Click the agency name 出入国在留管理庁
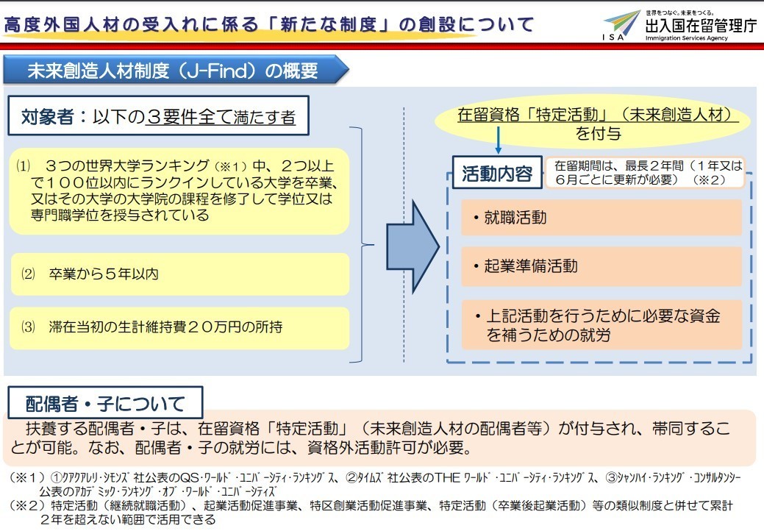(x=701, y=26)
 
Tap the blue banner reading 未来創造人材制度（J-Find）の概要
(x=176, y=71)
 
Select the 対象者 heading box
(x=158, y=116)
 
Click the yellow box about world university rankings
(x=179, y=191)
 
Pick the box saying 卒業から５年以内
(x=180, y=274)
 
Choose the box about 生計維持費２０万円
(x=180, y=327)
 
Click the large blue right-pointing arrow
(x=413, y=246)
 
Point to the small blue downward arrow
(x=498, y=140)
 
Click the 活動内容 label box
(x=497, y=172)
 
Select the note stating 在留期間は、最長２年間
(x=645, y=172)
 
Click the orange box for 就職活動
(x=601, y=217)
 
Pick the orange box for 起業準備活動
(x=601, y=266)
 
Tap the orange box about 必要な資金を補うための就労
(x=601, y=325)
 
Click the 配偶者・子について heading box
(x=105, y=403)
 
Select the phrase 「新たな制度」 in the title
(x=329, y=24)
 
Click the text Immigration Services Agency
(x=687, y=38)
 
